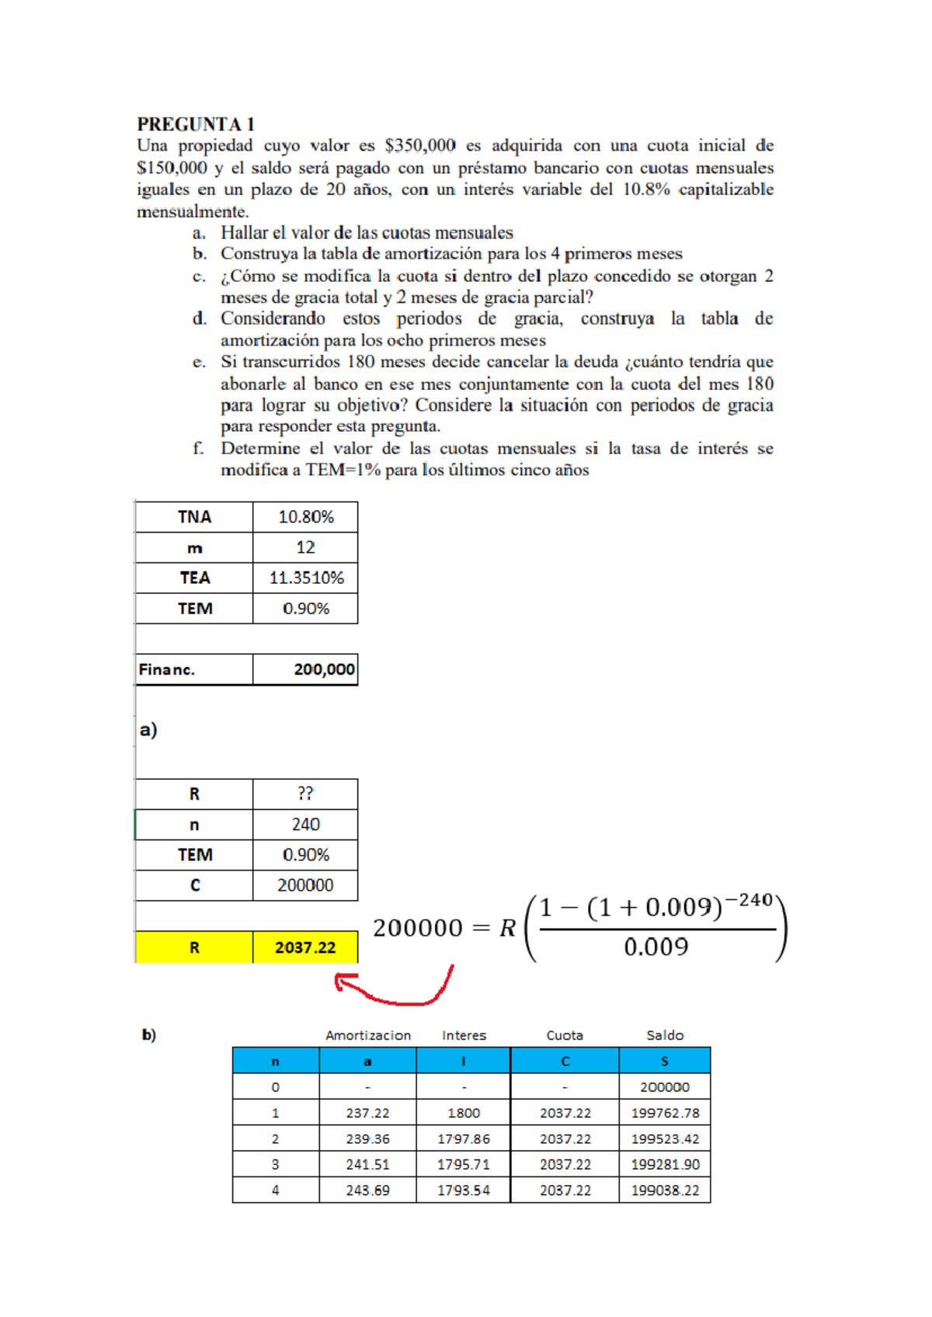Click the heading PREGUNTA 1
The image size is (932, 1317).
pyautogui.click(x=196, y=124)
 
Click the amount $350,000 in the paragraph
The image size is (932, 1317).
pyautogui.click(x=420, y=145)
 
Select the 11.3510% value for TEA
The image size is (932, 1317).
pyautogui.click(x=305, y=579)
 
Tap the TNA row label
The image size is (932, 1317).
pyautogui.click(x=194, y=517)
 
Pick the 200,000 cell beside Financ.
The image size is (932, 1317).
pyautogui.click(x=305, y=669)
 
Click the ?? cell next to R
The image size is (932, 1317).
pyautogui.click(x=305, y=794)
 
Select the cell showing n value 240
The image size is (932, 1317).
pyautogui.click(x=305, y=825)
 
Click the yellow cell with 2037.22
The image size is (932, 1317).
pyautogui.click(x=305, y=947)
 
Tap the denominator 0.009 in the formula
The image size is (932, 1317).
pyautogui.click(x=656, y=947)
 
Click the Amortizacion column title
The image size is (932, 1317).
pyautogui.click(x=368, y=1035)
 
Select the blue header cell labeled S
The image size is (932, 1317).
pyautogui.click(x=664, y=1061)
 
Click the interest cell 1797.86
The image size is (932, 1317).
pyautogui.click(x=463, y=1138)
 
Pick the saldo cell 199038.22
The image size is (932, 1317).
pyautogui.click(x=664, y=1190)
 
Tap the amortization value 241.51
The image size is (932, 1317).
pyautogui.click(x=367, y=1164)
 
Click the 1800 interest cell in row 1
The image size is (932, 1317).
pyautogui.click(x=463, y=1113)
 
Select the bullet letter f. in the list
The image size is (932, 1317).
pyautogui.click(x=199, y=448)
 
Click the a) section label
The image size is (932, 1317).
pyautogui.click(x=148, y=730)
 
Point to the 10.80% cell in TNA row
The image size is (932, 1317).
pyautogui.click(x=305, y=517)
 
